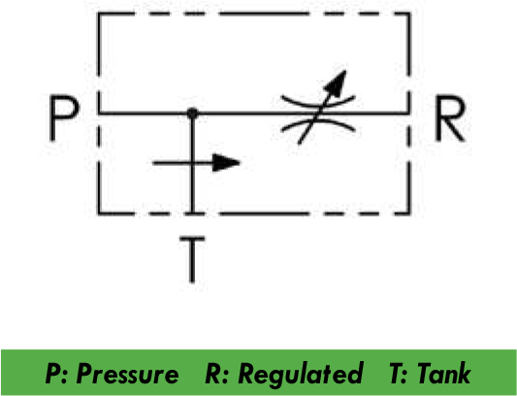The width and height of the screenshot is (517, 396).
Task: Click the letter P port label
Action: [x=64, y=117]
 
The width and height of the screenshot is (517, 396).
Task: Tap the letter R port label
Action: [x=450, y=117]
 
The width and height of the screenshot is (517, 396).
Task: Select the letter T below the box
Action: [x=192, y=259]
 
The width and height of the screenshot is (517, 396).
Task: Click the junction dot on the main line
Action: [x=192, y=114]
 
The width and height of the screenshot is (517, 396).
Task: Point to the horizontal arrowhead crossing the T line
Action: [x=226, y=163]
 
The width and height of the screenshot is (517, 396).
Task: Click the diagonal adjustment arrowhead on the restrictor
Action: [x=337, y=83]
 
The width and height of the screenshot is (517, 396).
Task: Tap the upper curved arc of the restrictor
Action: [x=318, y=102]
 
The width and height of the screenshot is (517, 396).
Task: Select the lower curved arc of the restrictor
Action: [x=318, y=125]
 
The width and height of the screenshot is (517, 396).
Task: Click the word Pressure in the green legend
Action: [x=127, y=374]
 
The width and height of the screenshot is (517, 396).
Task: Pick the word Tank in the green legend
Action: [x=443, y=373]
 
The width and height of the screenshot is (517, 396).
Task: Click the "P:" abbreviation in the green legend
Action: [x=56, y=374]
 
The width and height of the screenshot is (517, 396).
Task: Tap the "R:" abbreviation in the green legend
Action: [x=217, y=374]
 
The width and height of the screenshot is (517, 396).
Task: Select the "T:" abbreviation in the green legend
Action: [x=399, y=374]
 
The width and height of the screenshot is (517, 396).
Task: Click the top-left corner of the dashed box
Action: [x=99, y=14]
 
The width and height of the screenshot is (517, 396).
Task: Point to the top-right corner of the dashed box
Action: [x=409, y=14]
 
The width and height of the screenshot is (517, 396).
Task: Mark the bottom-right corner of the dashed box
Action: [x=409, y=214]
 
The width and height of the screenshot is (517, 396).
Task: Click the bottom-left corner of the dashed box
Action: [x=99, y=214]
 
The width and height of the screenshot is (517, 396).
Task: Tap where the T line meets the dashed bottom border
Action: [x=192, y=214]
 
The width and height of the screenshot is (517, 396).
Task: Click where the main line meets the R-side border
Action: [x=409, y=114]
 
